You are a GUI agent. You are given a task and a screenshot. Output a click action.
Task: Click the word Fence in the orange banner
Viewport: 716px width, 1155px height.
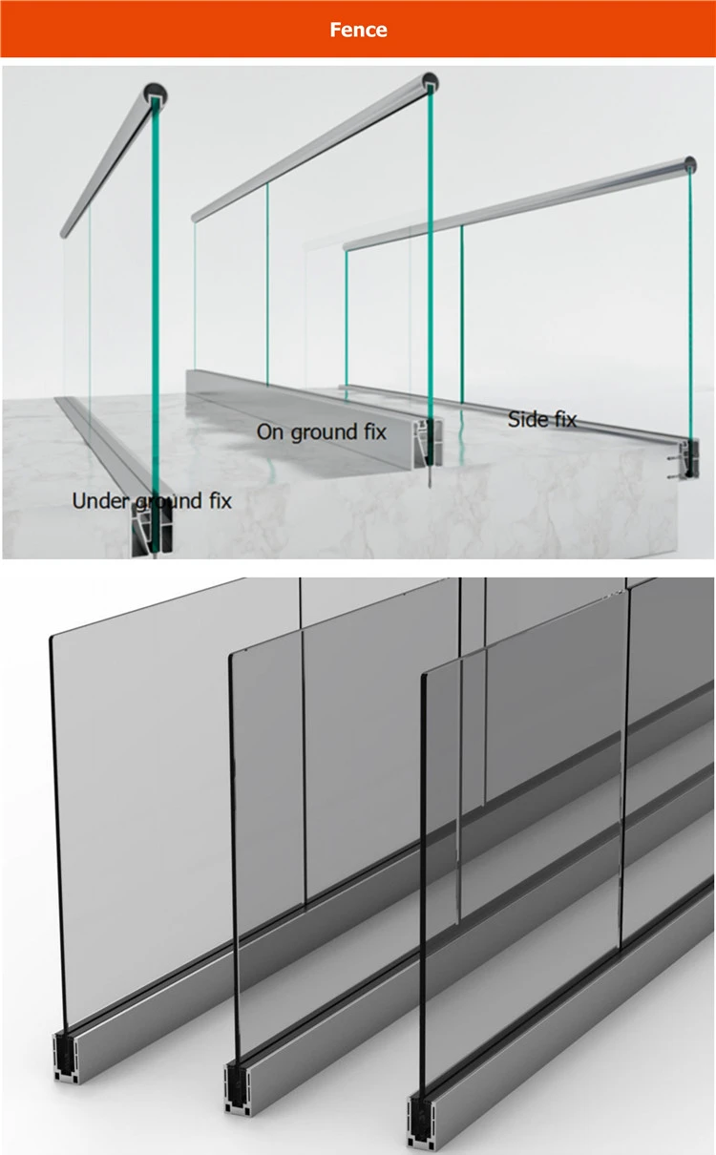click(x=358, y=30)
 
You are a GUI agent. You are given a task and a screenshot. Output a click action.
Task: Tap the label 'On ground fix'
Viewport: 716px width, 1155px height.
click(x=322, y=431)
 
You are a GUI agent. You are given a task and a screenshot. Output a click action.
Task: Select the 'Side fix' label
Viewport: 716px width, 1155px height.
click(x=541, y=418)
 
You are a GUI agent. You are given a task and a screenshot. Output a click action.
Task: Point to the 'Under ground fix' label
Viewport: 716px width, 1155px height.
click(x=151, y=500)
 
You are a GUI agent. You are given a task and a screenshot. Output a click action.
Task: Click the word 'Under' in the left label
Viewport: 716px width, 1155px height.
click(x=99, y=500)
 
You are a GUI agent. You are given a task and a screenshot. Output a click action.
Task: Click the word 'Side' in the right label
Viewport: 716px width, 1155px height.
click(x=525, y=418)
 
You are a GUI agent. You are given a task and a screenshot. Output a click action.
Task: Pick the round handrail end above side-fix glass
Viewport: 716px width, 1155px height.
click(x=689, y=163)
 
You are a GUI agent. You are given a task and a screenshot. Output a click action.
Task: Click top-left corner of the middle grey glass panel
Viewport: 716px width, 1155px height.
click(x=232, y=659)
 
